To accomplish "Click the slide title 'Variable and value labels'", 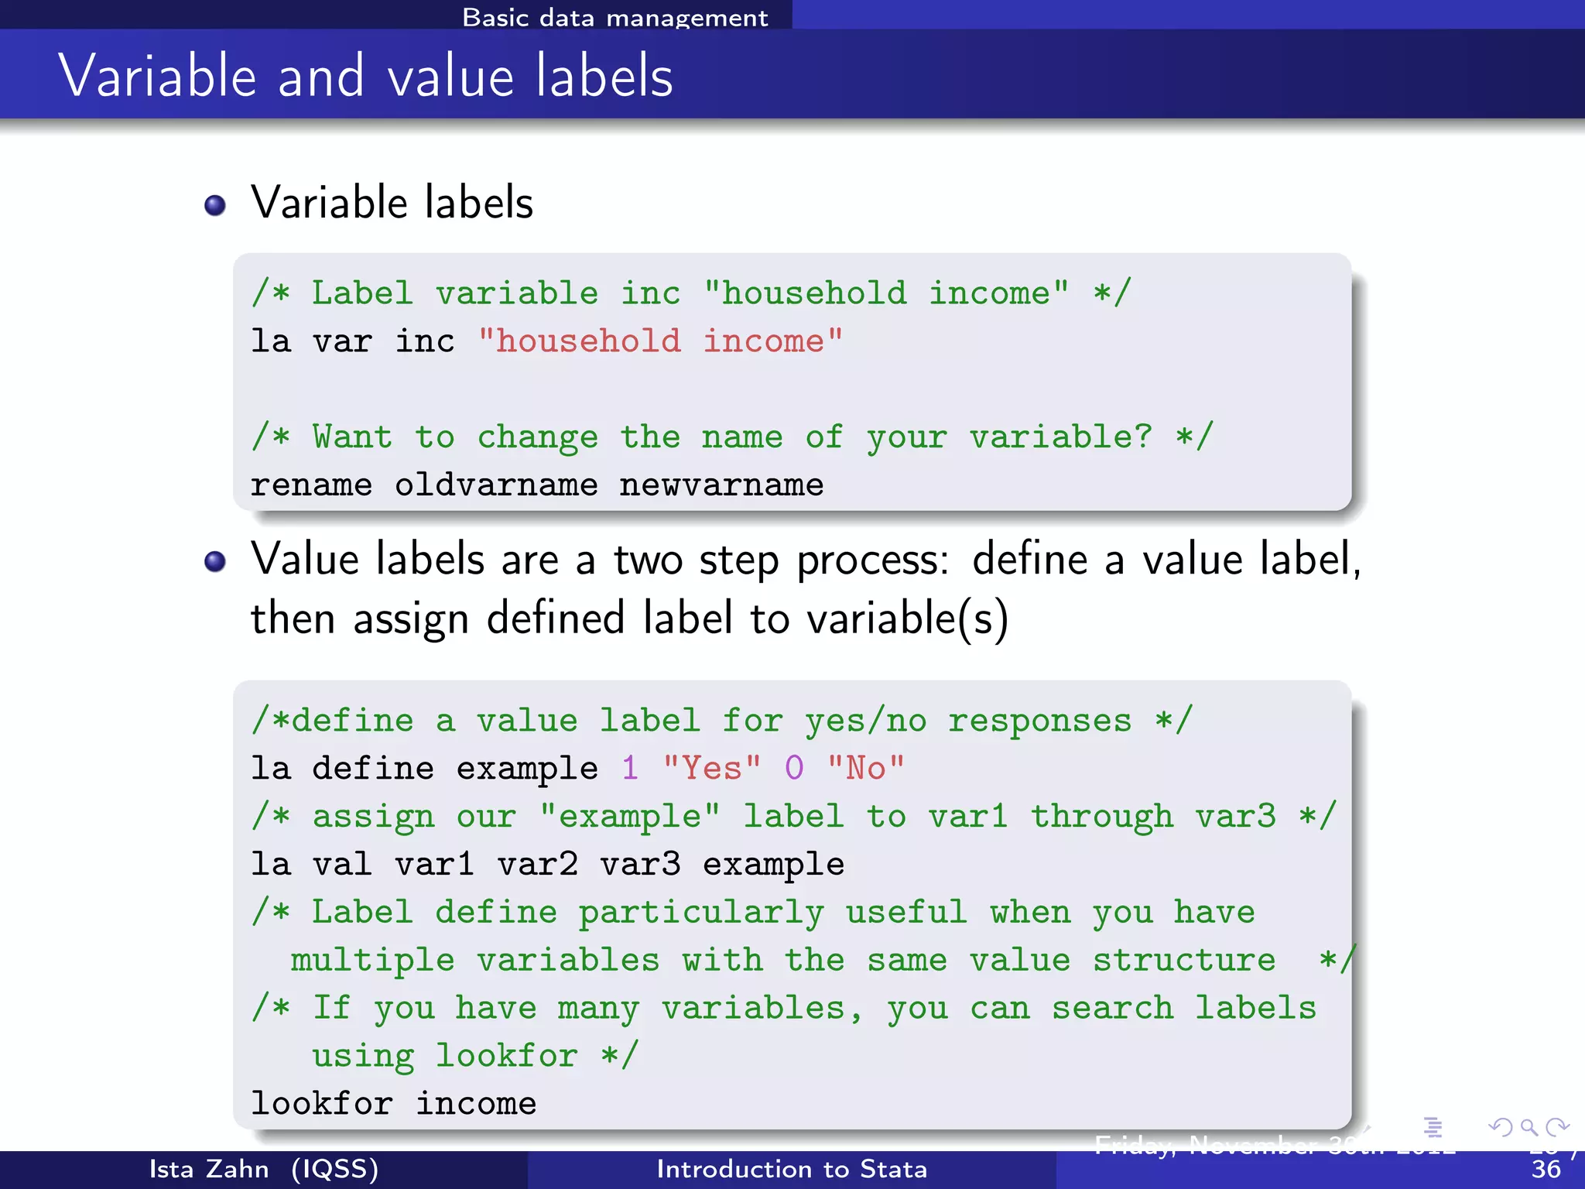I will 365,76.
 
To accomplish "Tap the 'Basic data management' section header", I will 614,17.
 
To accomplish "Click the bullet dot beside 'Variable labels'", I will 214,205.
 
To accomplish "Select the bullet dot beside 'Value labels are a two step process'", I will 214,561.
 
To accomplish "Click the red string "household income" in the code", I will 660,341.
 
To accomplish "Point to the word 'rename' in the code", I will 311,485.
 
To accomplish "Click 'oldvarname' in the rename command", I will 496,485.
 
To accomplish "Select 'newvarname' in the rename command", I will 721,485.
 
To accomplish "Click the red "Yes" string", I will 711,769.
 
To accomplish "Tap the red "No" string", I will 865,769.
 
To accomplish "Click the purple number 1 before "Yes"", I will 630,769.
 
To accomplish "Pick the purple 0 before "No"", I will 794,769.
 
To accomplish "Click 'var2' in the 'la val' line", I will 537,864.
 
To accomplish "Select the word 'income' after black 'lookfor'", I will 476,1104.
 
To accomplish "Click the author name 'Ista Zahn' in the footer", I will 209,1169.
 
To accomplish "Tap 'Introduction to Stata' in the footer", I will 792,1169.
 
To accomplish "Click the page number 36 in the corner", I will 1546,1169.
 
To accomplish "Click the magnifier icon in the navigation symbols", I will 1529,1127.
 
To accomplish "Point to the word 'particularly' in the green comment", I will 701,913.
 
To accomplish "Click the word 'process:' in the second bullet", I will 872,560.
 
